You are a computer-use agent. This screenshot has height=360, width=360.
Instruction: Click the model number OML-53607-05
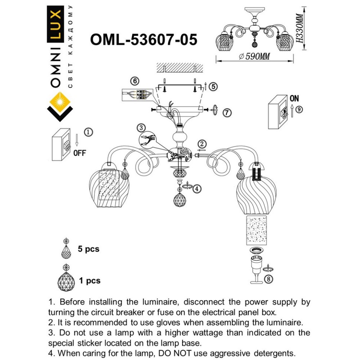click(x=144, y=40)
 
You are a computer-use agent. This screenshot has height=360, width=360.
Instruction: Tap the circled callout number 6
click(x=135, y=81)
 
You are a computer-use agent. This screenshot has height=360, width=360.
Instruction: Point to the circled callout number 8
click(x=268, y=279)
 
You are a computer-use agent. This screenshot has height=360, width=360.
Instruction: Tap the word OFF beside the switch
click(x=79, y=153)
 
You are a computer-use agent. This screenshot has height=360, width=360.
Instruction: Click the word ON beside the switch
click(x=294, y=98)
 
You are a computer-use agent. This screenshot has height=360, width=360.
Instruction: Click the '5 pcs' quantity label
click(x=88, y=249)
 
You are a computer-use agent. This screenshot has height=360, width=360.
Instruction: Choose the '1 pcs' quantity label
click(x=89, y=281)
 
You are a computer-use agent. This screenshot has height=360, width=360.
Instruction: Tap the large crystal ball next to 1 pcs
click(x=66, y=281)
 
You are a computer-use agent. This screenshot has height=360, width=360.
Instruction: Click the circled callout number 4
click(x=197, y=189)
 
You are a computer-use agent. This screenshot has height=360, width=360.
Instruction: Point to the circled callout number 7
click(x=227, y=112)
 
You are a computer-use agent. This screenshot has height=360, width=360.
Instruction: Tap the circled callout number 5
click(x=213, y=86)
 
